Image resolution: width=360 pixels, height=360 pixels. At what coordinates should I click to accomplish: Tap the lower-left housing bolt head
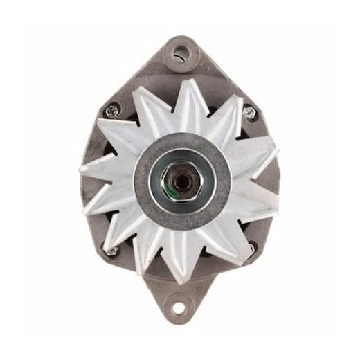pyautogui.click(x=111, y=250)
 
